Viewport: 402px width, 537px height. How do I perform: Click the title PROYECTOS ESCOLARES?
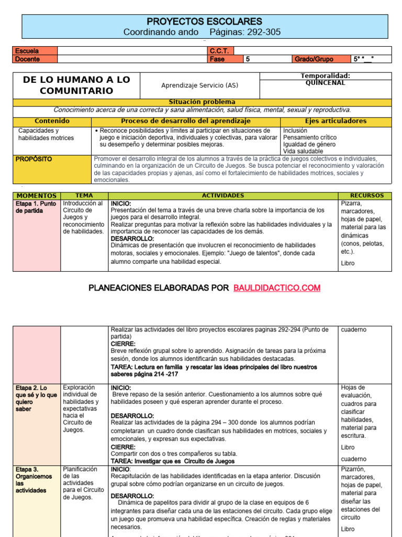click(x=204, y=22)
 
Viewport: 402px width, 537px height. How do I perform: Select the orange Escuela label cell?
click(x=35, y=51)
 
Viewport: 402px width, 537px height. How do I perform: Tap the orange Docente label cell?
click(x=35, y=59)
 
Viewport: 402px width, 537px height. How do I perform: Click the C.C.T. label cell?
click(x=220, y=51)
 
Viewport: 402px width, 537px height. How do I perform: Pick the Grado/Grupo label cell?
click(x=314, y=59)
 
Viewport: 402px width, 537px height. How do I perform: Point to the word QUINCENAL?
click(x=325, y=83)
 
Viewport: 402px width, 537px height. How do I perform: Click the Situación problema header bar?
click(x=202, y=102)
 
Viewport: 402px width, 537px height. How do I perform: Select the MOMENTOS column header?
click(x=37, y=196)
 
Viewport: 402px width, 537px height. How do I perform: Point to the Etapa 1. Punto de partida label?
click(x=36, y=207)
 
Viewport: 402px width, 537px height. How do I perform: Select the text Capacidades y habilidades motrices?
click(x=46, y=134)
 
